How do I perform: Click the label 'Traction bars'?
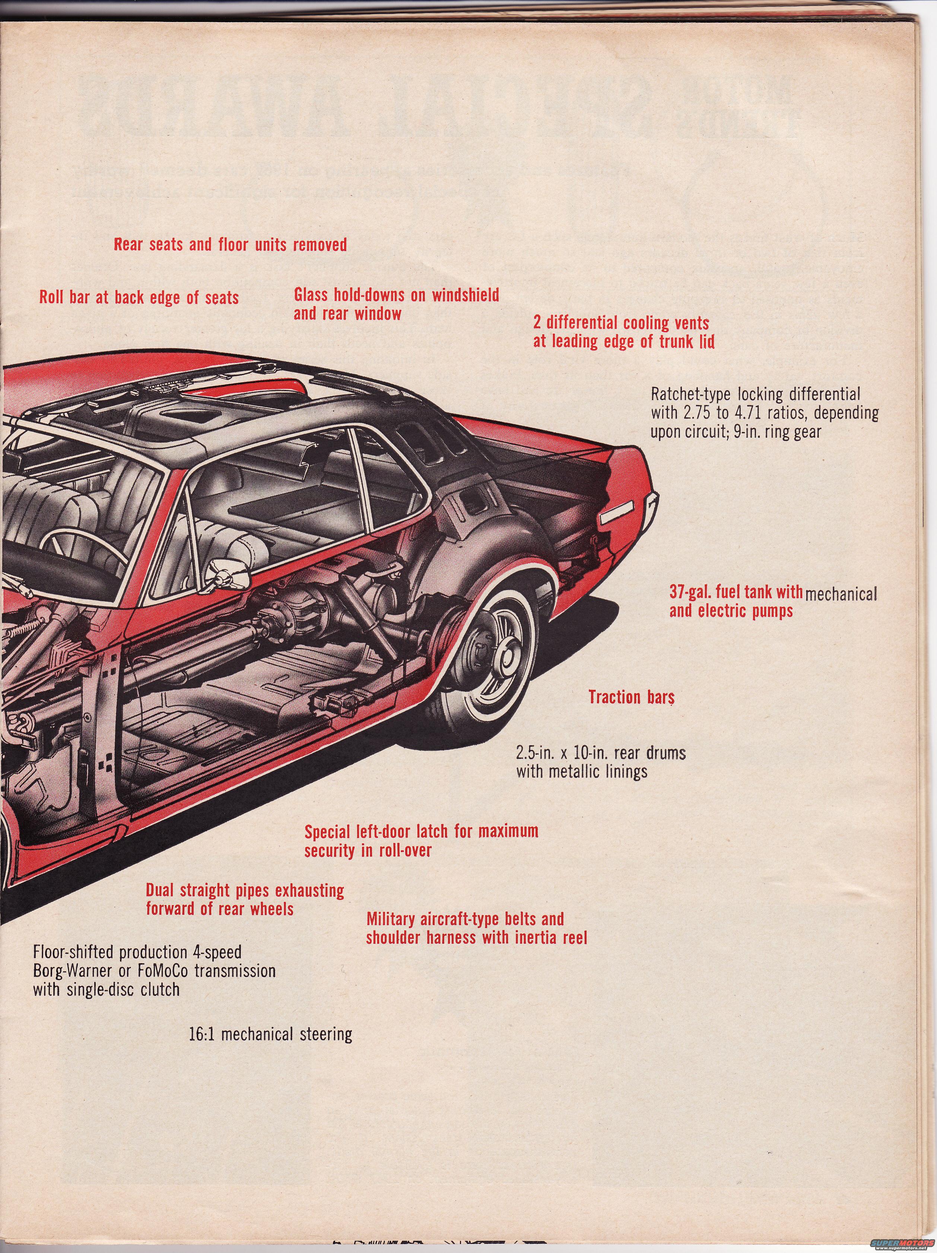click(x=631, y=697)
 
